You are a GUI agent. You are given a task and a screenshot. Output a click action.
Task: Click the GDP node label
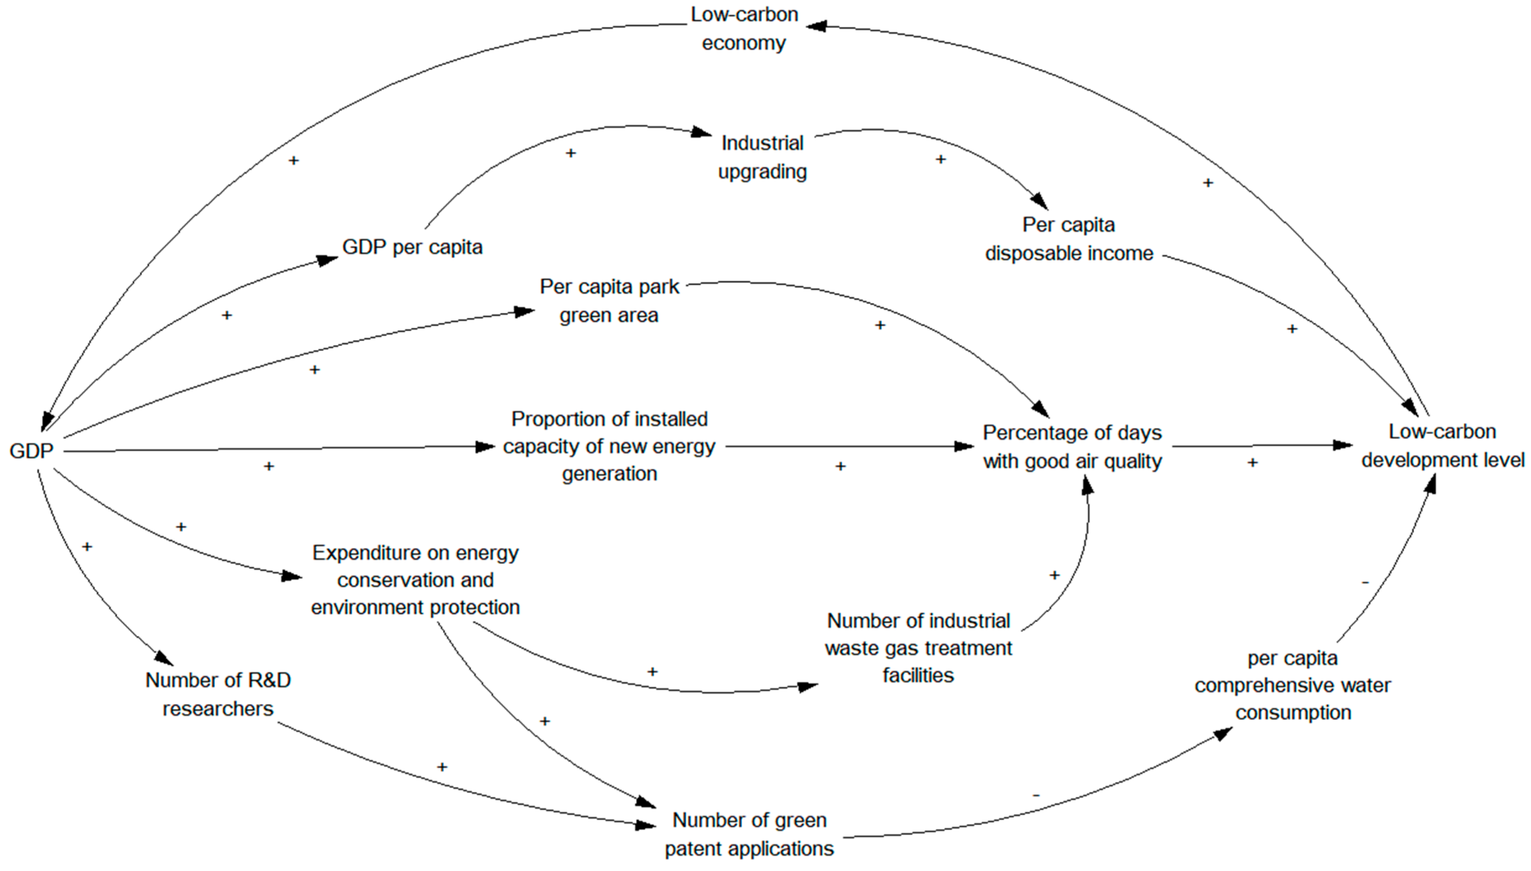[x=31, y=451]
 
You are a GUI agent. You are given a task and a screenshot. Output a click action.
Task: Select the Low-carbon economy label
[x=744, y=29]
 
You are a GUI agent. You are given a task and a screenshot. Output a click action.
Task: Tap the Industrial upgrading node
[x=762, y=157]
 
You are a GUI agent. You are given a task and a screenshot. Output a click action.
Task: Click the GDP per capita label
[x=412, y=247]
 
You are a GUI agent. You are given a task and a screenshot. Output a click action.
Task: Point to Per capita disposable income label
[x=1069, y=239]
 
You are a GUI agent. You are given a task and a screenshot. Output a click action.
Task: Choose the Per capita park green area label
[x=609, y=301]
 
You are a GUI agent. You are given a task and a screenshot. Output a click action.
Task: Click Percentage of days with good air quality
[x=1072, y=447]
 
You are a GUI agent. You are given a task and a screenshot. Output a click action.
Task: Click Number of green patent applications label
[x=749, y=834]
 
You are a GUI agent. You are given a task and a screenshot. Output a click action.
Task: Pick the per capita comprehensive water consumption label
[x=1293, y=686]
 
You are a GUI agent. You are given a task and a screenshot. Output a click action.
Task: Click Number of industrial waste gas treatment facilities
[x=918, y=648]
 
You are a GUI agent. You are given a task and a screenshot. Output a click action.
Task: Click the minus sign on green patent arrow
[x=1036, y=796]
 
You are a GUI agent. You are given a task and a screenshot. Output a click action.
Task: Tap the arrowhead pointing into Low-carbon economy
[x=816, y=26]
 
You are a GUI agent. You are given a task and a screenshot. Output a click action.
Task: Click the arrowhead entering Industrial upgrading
[x=702, y=132]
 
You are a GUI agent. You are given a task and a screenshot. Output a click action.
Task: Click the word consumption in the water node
[x=1293, y=713]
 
